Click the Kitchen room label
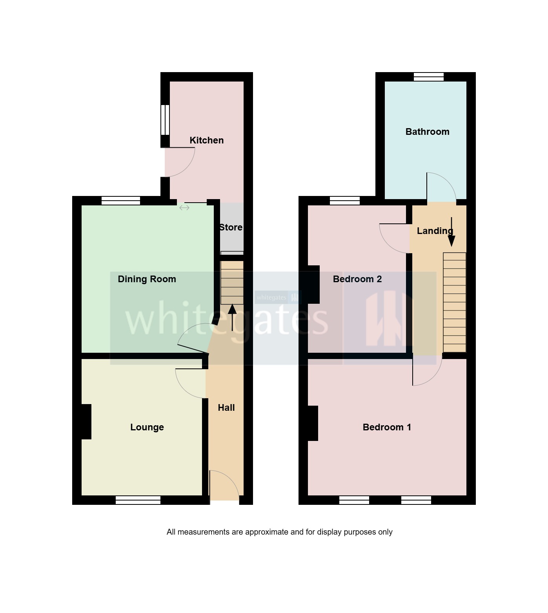point(206,140)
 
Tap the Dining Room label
point(147,279)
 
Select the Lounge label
point(147,427)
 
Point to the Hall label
point(226,408)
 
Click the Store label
point(231,227)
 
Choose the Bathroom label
point(427,132)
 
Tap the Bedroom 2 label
point(357,279)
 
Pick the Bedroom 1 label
point(387,427)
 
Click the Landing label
point(435,231)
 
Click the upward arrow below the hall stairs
point(232,317)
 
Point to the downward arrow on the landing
point(452,232)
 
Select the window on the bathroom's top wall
point(429,77)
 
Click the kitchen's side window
point(165,120)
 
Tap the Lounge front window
point(138,500)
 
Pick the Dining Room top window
point(121,201)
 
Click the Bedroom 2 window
point(345,201)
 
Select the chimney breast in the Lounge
point(86,422)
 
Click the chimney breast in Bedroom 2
point(313,285)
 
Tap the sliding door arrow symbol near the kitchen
point(184,208)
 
